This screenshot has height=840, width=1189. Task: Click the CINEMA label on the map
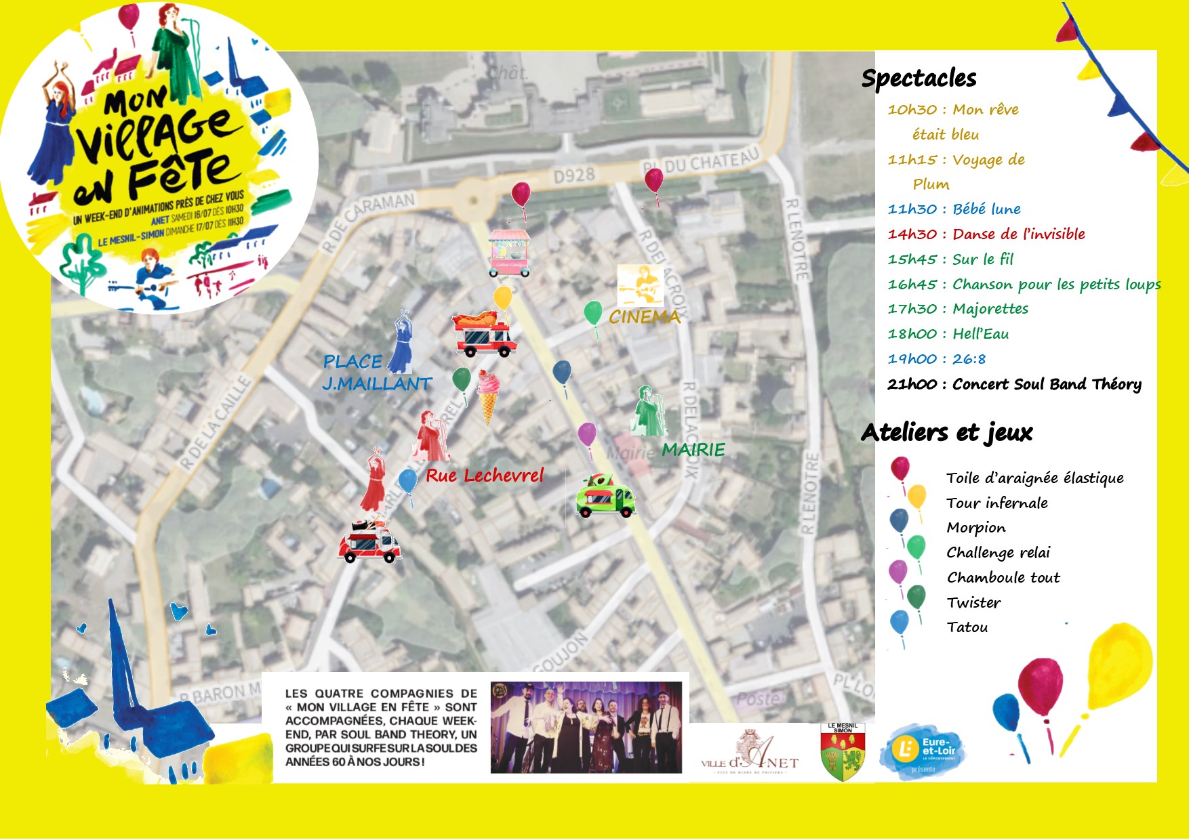point(644,316)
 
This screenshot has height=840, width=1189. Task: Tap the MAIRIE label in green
point(693,450)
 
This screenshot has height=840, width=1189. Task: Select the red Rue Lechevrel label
point(484,476)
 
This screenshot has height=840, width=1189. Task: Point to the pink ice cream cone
point(488,396)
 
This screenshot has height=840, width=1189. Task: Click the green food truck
point(605,497)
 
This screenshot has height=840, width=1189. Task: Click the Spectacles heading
point(919,79)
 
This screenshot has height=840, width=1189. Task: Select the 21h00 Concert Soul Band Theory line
point(1014,384)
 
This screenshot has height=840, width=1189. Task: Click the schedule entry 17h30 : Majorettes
point(958,309)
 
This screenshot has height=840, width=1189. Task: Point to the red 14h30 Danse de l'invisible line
point(986,234)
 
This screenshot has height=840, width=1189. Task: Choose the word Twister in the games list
point(973,602)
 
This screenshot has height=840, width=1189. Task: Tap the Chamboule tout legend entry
point(1003,577)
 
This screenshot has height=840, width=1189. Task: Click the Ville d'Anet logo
point(750,753)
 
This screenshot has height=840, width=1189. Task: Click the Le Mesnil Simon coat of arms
point(843,753)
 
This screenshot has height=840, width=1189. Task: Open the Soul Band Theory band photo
point(586,728)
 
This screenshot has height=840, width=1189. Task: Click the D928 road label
point(573,176)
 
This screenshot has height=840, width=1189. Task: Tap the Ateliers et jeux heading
point(946,432)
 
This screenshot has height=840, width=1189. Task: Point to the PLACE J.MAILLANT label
point(376,373)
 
